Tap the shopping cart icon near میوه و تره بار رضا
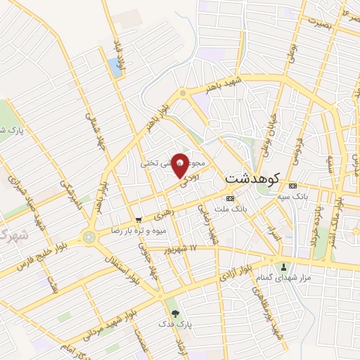139,219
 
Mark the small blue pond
115,67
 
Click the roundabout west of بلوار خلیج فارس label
89,237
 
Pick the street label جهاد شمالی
92,127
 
